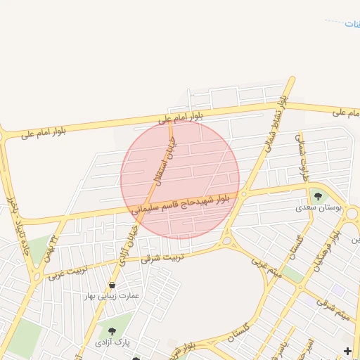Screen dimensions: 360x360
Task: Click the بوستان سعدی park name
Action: click(x=318, y=209)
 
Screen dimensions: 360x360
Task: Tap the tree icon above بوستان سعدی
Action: click(x=318, y=197)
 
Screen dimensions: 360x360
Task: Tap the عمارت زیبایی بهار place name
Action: click(x=112, y=296)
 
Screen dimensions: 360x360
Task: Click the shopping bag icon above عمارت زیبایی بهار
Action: click(x=112, y=285)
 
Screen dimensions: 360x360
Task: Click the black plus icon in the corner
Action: click(x=347, y=350)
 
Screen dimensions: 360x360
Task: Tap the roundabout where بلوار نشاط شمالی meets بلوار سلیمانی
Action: click(x=243, y=194)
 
